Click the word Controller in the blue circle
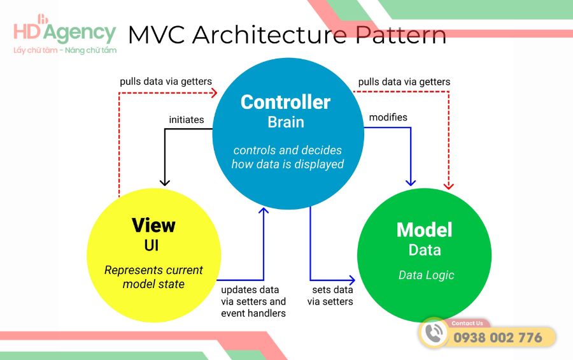click(285, 102)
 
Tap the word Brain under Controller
click(285, 122)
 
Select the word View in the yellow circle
click(153, 225)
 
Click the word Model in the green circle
click(424, 229)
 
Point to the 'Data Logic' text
click(426, 275)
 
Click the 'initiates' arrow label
click(187, 119)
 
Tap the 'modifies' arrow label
click(388, 117)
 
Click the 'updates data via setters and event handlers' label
click(253, 301)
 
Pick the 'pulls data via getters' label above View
click(166, 82)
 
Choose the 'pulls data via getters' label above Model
click(404, 82)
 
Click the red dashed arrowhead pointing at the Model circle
click(449, 185)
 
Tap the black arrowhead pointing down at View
click(165, 182)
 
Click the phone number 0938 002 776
click(498, 338)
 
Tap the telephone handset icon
click(435, 333)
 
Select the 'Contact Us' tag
click(467, 323)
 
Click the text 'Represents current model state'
click(153, 277)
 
